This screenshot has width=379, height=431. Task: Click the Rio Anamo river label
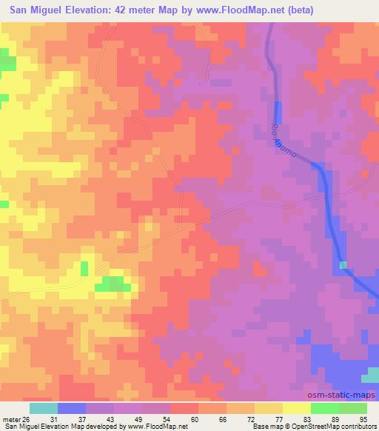pos(285,143)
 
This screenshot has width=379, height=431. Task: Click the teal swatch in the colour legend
pos(44,408)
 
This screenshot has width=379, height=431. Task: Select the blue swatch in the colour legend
pos(72,408)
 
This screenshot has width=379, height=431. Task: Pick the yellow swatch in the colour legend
pos(296,408)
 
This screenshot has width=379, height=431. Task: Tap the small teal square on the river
pos(343,264)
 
